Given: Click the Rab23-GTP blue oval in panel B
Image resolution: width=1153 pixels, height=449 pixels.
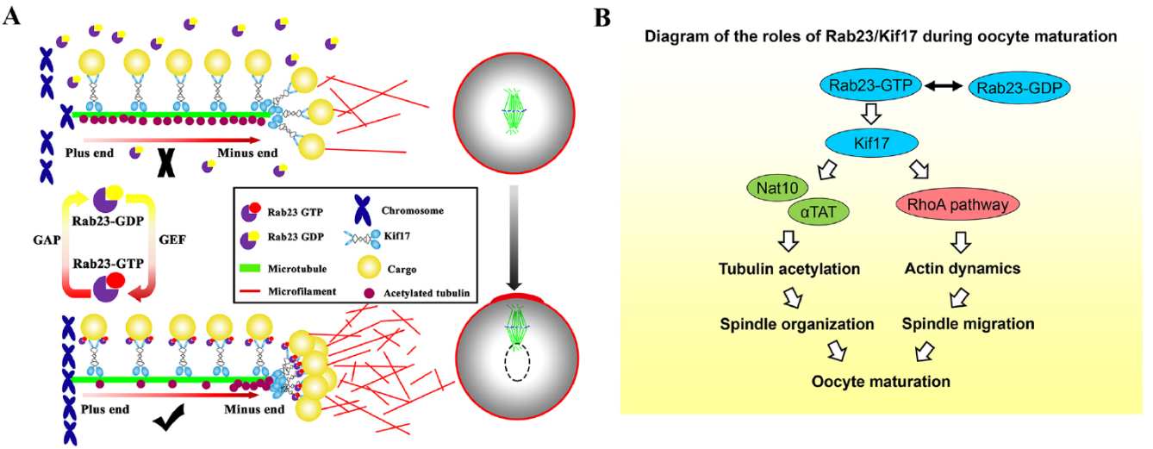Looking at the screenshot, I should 871,85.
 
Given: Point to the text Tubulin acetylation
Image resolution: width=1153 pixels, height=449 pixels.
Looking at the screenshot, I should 789,269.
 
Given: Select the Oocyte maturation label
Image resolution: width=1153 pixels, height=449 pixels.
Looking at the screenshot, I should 881,380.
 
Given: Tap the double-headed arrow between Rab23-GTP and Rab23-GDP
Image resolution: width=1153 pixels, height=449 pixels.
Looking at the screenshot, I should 944,86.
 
